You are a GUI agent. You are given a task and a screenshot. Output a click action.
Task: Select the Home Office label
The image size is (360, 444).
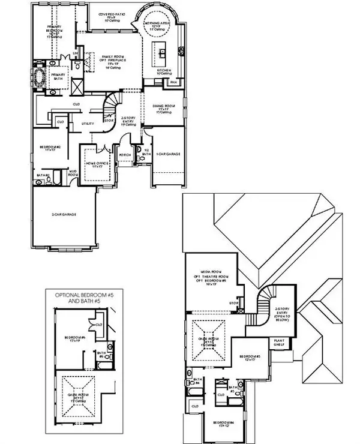(94, 163)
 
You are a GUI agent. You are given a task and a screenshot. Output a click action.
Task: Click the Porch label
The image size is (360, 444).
(125, 154)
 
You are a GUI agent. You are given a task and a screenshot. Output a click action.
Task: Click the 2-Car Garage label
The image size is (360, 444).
(63, 214)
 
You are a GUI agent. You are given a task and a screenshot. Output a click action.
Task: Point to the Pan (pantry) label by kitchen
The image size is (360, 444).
(173, 81)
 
